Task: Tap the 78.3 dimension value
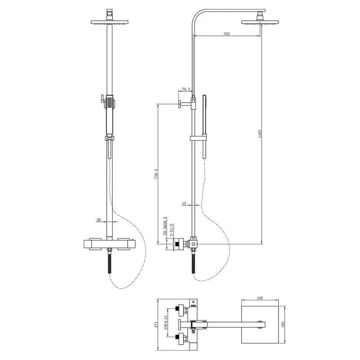(x=186, y=90)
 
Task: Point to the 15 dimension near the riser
(x=184, y=203)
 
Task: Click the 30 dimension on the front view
(x=99, y=220)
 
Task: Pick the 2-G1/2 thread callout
(x=171, y=229)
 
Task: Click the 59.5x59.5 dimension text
(x=165, y=226)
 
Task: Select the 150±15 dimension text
(x=166, y=324)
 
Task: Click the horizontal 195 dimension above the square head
(x=260, y=298)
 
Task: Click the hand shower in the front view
(x=109, y=110)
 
